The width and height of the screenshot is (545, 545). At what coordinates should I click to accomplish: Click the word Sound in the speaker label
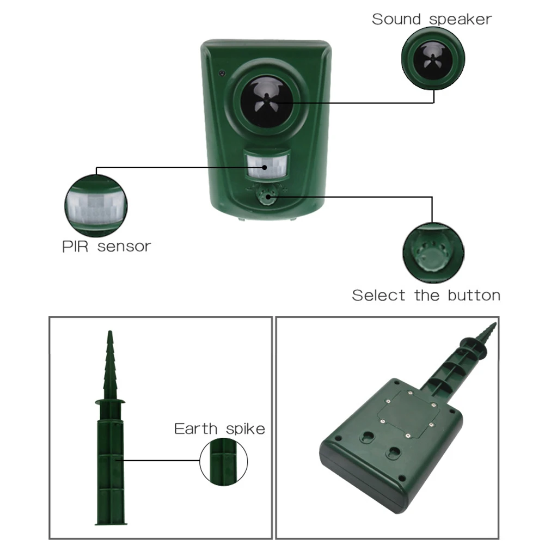point(396,19)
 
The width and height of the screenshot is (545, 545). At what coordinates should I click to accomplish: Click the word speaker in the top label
point(461,20)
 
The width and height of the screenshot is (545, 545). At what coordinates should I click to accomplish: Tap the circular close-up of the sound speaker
point(433,58)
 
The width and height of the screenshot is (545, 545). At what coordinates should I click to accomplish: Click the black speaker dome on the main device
point(267,101)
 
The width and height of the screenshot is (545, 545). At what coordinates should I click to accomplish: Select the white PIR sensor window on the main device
point(267,166)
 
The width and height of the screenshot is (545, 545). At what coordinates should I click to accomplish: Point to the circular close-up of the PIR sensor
point(96,206)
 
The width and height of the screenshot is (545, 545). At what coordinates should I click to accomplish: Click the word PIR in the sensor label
point(75,247)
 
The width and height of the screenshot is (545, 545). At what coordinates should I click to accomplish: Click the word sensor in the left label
point(124,247)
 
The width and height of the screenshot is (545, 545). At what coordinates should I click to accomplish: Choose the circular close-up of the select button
point(433,253)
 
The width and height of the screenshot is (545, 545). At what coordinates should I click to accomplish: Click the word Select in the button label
point(378,296)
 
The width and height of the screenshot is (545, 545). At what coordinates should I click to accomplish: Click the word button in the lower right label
point(474,296)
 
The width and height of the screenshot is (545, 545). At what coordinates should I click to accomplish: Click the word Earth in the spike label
point(195,428)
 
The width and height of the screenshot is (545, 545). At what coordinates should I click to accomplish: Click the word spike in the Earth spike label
point(246,430)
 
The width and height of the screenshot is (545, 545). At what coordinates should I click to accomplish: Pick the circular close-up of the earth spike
point(223,462)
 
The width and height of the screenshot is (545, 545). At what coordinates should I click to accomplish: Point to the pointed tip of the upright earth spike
point(110,331)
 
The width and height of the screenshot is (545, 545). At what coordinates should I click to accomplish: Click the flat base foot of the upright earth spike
point(111,523)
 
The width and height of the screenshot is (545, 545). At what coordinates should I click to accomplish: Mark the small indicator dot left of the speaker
point(222,74)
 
